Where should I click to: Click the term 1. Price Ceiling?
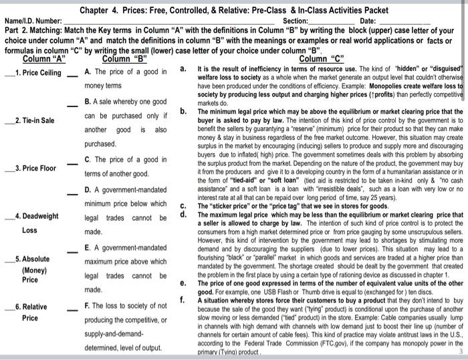point(38,73)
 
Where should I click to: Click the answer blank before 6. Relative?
point(8,306)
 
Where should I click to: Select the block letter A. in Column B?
point(88,72)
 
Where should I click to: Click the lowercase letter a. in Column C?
point(184,68)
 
